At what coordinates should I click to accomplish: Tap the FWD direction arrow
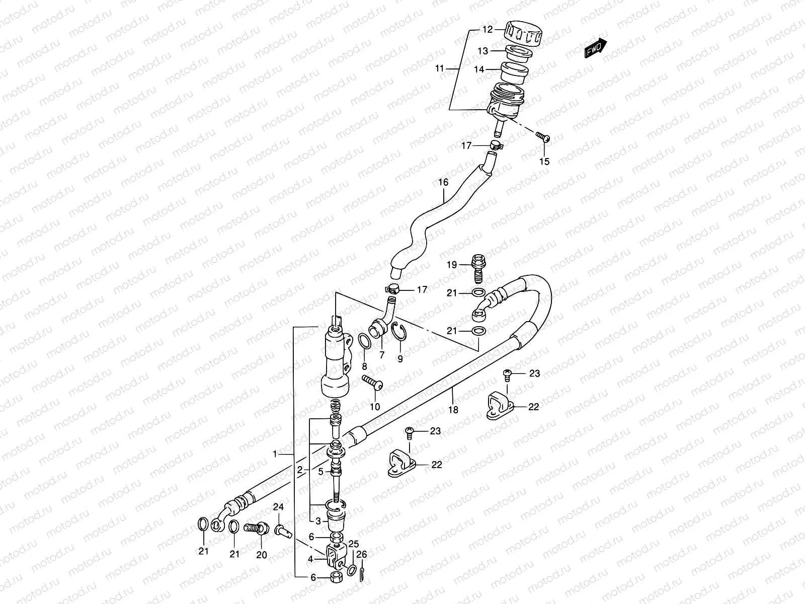point(596,49)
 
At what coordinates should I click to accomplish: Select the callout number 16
point(443,182)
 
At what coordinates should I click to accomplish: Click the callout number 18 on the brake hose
point(453,410)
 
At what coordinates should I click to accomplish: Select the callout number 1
point(275,454)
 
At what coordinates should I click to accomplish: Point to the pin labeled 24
point(281,531)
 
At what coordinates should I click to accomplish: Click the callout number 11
point(440,68)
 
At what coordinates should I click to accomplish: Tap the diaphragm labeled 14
point(512,73)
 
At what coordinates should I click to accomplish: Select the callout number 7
point(382,355)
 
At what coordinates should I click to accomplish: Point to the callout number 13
point(483,51)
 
